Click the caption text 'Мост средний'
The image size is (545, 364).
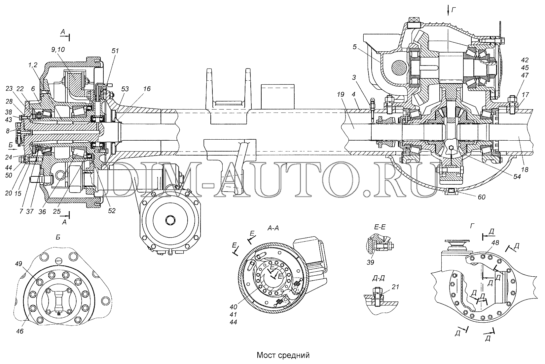pyautogui.click(x=283, y=355)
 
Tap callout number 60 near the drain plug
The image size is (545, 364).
pyautogui.click(x=482, y=197)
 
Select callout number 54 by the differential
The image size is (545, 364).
pyautogui.click(x=517, y=176)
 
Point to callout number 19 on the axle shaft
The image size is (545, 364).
pyautogui.click(x=341, y=94)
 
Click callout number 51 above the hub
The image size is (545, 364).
pyautogui.click(x=115, y=51)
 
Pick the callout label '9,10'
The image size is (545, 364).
pyautogui.click(x=58, y=50)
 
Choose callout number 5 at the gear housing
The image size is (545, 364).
pyautogui.click(x=354, y=47)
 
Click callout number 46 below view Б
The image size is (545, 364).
pyautogui.click(x=20, y=331)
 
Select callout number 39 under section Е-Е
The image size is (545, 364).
pyautogui.click(x=371, y=262)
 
